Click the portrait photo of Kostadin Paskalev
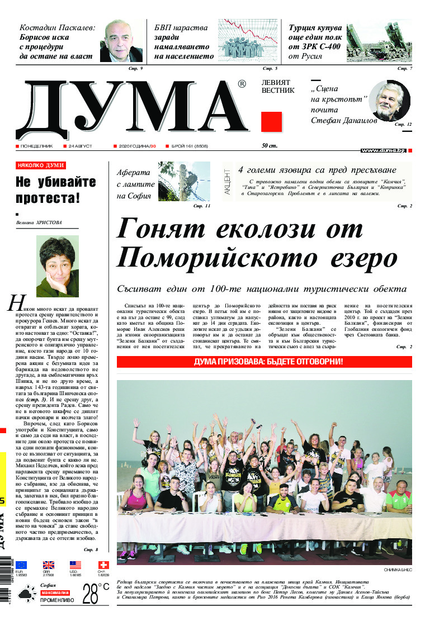coord(121,42)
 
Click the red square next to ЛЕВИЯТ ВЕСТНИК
coord(271,122)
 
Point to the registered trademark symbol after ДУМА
coord(242,84)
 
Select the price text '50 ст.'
coord(270,146)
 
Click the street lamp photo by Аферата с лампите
coord(183,182)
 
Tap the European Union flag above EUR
coord(21,565)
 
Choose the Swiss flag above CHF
coord(103,565)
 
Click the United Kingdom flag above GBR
coord(49,565)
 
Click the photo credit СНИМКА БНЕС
coord(397,570)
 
